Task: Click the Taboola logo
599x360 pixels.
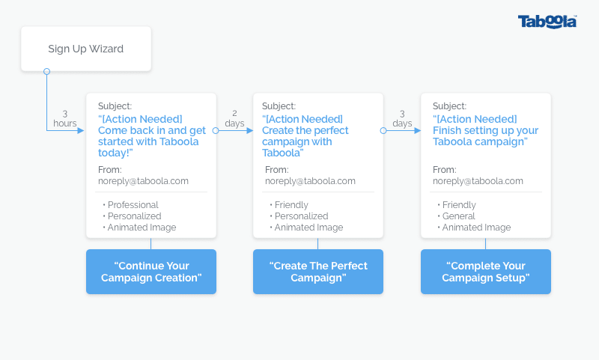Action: (547, 22)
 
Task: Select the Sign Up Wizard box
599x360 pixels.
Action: (86, 49)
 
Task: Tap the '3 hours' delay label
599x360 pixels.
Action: (65, 119)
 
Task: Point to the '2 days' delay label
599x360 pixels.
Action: (234, 119)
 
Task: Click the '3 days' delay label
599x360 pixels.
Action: (402, 119)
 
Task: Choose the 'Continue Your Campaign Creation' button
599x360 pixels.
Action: (151, 272)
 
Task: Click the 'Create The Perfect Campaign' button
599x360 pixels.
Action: (318, 272)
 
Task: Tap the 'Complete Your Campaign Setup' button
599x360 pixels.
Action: (486, 272)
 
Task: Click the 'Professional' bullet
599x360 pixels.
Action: (130, 205)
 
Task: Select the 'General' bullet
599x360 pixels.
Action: (456, 216)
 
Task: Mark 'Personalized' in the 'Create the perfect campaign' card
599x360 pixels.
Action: (299, 216)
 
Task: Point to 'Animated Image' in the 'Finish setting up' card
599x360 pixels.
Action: (474, 228)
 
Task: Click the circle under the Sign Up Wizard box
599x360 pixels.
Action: (46, 71)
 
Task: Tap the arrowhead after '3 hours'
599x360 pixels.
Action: (81, 130)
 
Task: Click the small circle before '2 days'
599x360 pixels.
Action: (216, 130)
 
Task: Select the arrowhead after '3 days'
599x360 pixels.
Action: (418, 130)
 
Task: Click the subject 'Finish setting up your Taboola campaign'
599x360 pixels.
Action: (485, 130)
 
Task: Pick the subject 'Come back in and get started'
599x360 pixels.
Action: (152, 136)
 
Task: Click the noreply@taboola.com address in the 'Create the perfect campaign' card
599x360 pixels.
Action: (310, 181)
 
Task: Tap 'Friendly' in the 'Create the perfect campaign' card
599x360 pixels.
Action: (289, 205)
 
